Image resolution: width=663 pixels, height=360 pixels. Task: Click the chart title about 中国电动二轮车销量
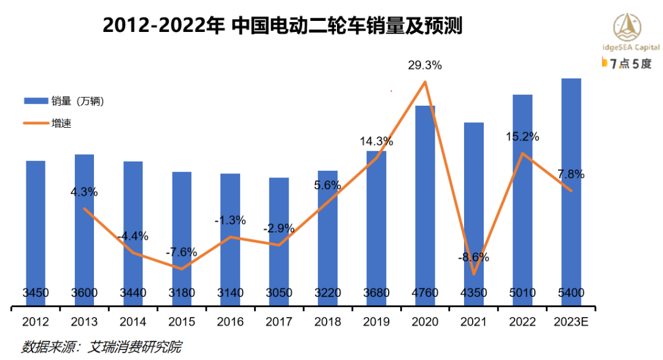[x=282, y=25]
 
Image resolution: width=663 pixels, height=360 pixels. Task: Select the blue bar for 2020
[x=425, y=197]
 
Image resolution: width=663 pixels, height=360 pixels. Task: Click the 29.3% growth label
[x=425, y=65]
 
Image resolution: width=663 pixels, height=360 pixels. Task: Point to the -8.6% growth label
[x=473, y=257]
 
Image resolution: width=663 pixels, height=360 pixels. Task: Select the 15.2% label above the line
[x=522, y=137]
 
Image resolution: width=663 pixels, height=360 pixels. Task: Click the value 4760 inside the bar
[x=425, y=292]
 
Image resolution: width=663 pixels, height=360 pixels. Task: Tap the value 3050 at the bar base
[x=279, y=292]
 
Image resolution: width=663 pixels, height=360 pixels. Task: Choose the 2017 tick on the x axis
[x=279, y=322]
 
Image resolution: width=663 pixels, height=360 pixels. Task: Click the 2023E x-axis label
[x=571, y=322]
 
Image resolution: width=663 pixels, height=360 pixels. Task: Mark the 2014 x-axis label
[x=133, y=322]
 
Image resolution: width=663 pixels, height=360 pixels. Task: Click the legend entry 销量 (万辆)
[x=64, y=101]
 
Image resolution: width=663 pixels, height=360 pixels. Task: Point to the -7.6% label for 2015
[x=182, y=252]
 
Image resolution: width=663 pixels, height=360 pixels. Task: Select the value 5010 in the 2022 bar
[x=522, y=292]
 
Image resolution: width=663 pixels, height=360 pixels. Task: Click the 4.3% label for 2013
[x=84, y=192]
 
